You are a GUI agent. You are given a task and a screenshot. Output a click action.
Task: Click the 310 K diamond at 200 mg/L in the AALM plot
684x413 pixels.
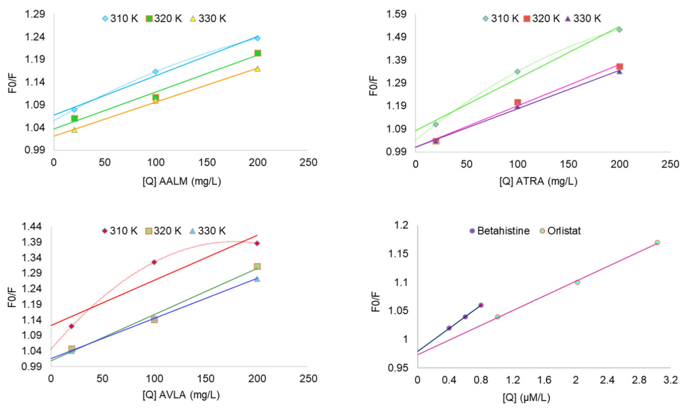click(257, 38)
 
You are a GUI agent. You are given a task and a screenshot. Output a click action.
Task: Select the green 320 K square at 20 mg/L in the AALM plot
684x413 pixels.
click(74, 119)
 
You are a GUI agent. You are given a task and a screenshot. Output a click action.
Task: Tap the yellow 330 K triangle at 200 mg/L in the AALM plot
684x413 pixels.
click(257, 69)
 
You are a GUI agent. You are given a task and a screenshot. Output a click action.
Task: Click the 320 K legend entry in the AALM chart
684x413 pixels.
click(164, 19)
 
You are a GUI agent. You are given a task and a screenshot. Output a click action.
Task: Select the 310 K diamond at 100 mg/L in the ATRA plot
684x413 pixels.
click(517, 72)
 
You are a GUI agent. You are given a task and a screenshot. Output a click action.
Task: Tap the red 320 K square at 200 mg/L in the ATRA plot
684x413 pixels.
click(619, 66)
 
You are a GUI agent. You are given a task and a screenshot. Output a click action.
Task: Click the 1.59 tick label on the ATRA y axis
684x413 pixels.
click(396, 14)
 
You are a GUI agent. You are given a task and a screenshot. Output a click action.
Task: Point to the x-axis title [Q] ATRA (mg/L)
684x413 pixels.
click(538, 181)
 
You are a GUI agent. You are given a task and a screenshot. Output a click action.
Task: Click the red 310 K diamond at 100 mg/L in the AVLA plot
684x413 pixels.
click(154, 262)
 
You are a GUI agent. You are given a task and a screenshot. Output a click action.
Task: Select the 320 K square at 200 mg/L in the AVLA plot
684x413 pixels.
click(257, 266)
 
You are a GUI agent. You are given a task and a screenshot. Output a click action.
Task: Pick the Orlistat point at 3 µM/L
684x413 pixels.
click(657, 242)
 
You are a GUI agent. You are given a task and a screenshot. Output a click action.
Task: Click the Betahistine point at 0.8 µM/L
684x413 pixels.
click(481, 305)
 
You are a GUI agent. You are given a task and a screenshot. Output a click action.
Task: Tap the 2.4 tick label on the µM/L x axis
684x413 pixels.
click(607, 380)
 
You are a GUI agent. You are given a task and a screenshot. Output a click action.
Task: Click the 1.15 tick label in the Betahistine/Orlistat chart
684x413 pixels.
click(398, 254)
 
